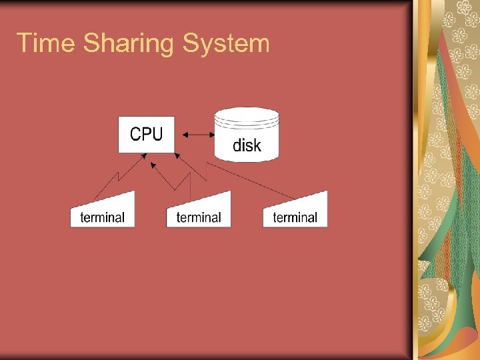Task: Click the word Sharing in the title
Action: [128, 45]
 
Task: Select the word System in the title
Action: [226, 45]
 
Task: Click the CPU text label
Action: [146, 134]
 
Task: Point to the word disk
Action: [247, 145]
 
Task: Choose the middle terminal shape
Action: [199, 212]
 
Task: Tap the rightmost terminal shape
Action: [296, 212]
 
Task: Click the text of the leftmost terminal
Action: [102, 217]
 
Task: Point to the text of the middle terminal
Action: [199, 217]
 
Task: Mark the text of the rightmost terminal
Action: [295, 217]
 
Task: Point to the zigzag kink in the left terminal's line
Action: [118, 177]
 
